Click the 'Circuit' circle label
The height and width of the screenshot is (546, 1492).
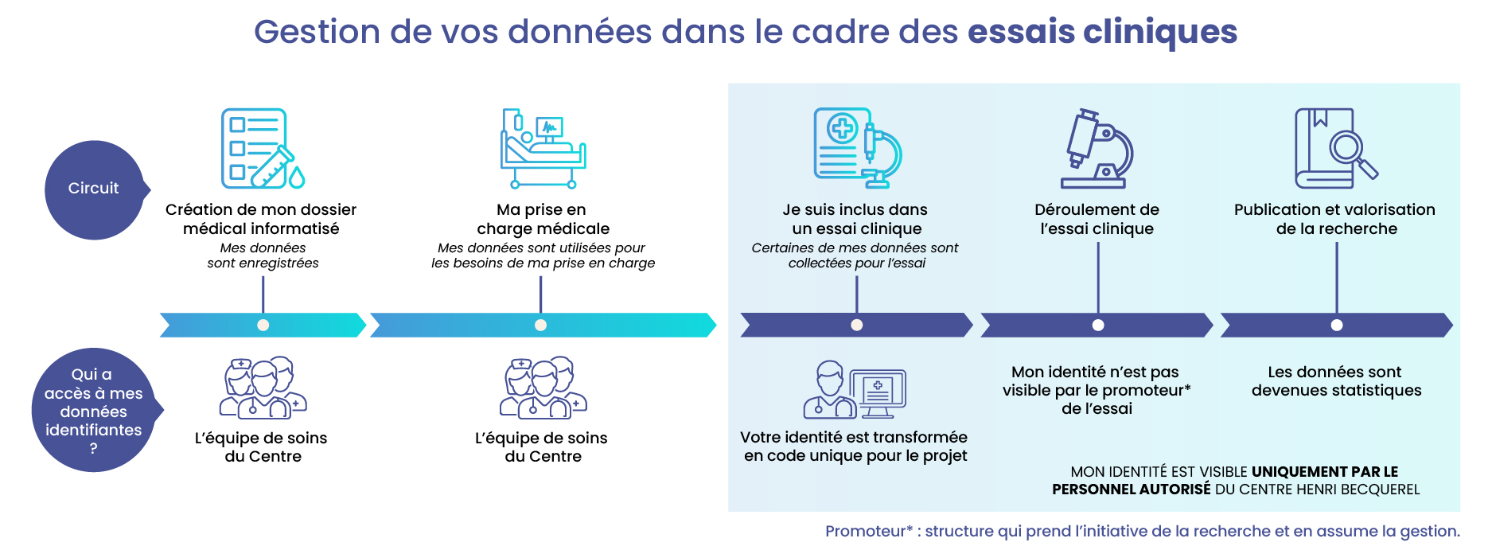(x=94, y=189)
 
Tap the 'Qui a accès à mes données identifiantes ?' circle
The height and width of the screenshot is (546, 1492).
(x=94, y=410)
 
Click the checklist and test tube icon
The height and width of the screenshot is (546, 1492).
(x=263, y=149)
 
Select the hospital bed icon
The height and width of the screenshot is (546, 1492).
(x=543, y=149)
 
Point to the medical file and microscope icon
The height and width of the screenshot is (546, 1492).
(x=857, y=148)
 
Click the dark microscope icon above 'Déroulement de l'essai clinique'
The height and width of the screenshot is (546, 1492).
(x=1097, y=149)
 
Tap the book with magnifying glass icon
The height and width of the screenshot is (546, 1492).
(x=1336, y=149)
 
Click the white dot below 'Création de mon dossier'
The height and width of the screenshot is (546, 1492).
(x=263, y=325)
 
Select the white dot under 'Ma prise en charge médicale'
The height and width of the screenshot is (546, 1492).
(x=540, y=325)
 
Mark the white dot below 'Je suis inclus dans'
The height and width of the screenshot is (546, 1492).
(x=857, y=325)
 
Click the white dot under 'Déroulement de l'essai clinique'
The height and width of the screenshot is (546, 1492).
(x=1098, y=325)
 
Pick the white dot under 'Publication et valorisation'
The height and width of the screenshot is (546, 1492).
(x=1337, y=325)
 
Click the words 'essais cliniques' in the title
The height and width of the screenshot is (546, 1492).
(x=1102, y=32)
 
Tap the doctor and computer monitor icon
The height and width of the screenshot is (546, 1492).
(x=855, y=390)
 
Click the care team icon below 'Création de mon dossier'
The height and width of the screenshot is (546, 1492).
(x=263, y=388)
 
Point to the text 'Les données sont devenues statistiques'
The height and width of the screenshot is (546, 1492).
(x=1337, y=381)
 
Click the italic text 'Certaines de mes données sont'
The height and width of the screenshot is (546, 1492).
(x=855, y=248)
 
